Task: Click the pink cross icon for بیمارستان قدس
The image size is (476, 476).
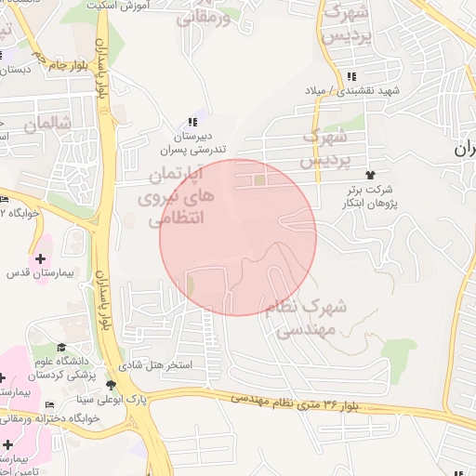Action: click(x=40, y=258)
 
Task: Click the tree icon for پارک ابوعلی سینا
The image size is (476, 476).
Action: click(x=112, y=385)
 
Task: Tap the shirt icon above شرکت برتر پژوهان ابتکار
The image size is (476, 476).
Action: click(x=370, y=174)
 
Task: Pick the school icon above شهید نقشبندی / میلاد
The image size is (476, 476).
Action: click(x=350, y=77)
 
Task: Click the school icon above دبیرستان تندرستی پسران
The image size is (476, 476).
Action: click(x=192, y=122)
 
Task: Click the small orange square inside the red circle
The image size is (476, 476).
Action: click(x=260, y=179)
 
